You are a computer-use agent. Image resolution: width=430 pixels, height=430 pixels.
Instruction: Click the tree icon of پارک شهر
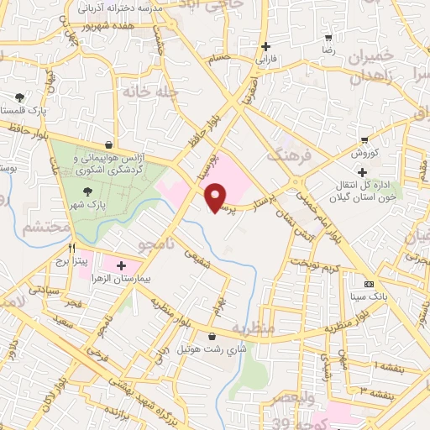(x=77, y=191)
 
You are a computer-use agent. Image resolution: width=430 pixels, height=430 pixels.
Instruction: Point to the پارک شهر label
(x=77, y=206)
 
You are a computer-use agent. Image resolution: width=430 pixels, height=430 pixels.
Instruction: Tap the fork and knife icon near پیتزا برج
(x=73, y=249)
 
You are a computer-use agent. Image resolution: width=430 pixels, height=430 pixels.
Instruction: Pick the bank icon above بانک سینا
(x=369, y=283)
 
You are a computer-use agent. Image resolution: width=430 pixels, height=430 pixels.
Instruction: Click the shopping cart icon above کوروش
(x=364, y=140)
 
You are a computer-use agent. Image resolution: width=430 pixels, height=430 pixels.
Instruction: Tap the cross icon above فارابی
(x=266, y=46)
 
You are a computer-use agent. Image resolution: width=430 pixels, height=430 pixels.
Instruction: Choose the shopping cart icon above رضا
(x=329, y=37)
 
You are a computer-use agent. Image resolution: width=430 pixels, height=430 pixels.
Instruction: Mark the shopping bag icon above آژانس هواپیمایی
(x=109, y=144)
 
